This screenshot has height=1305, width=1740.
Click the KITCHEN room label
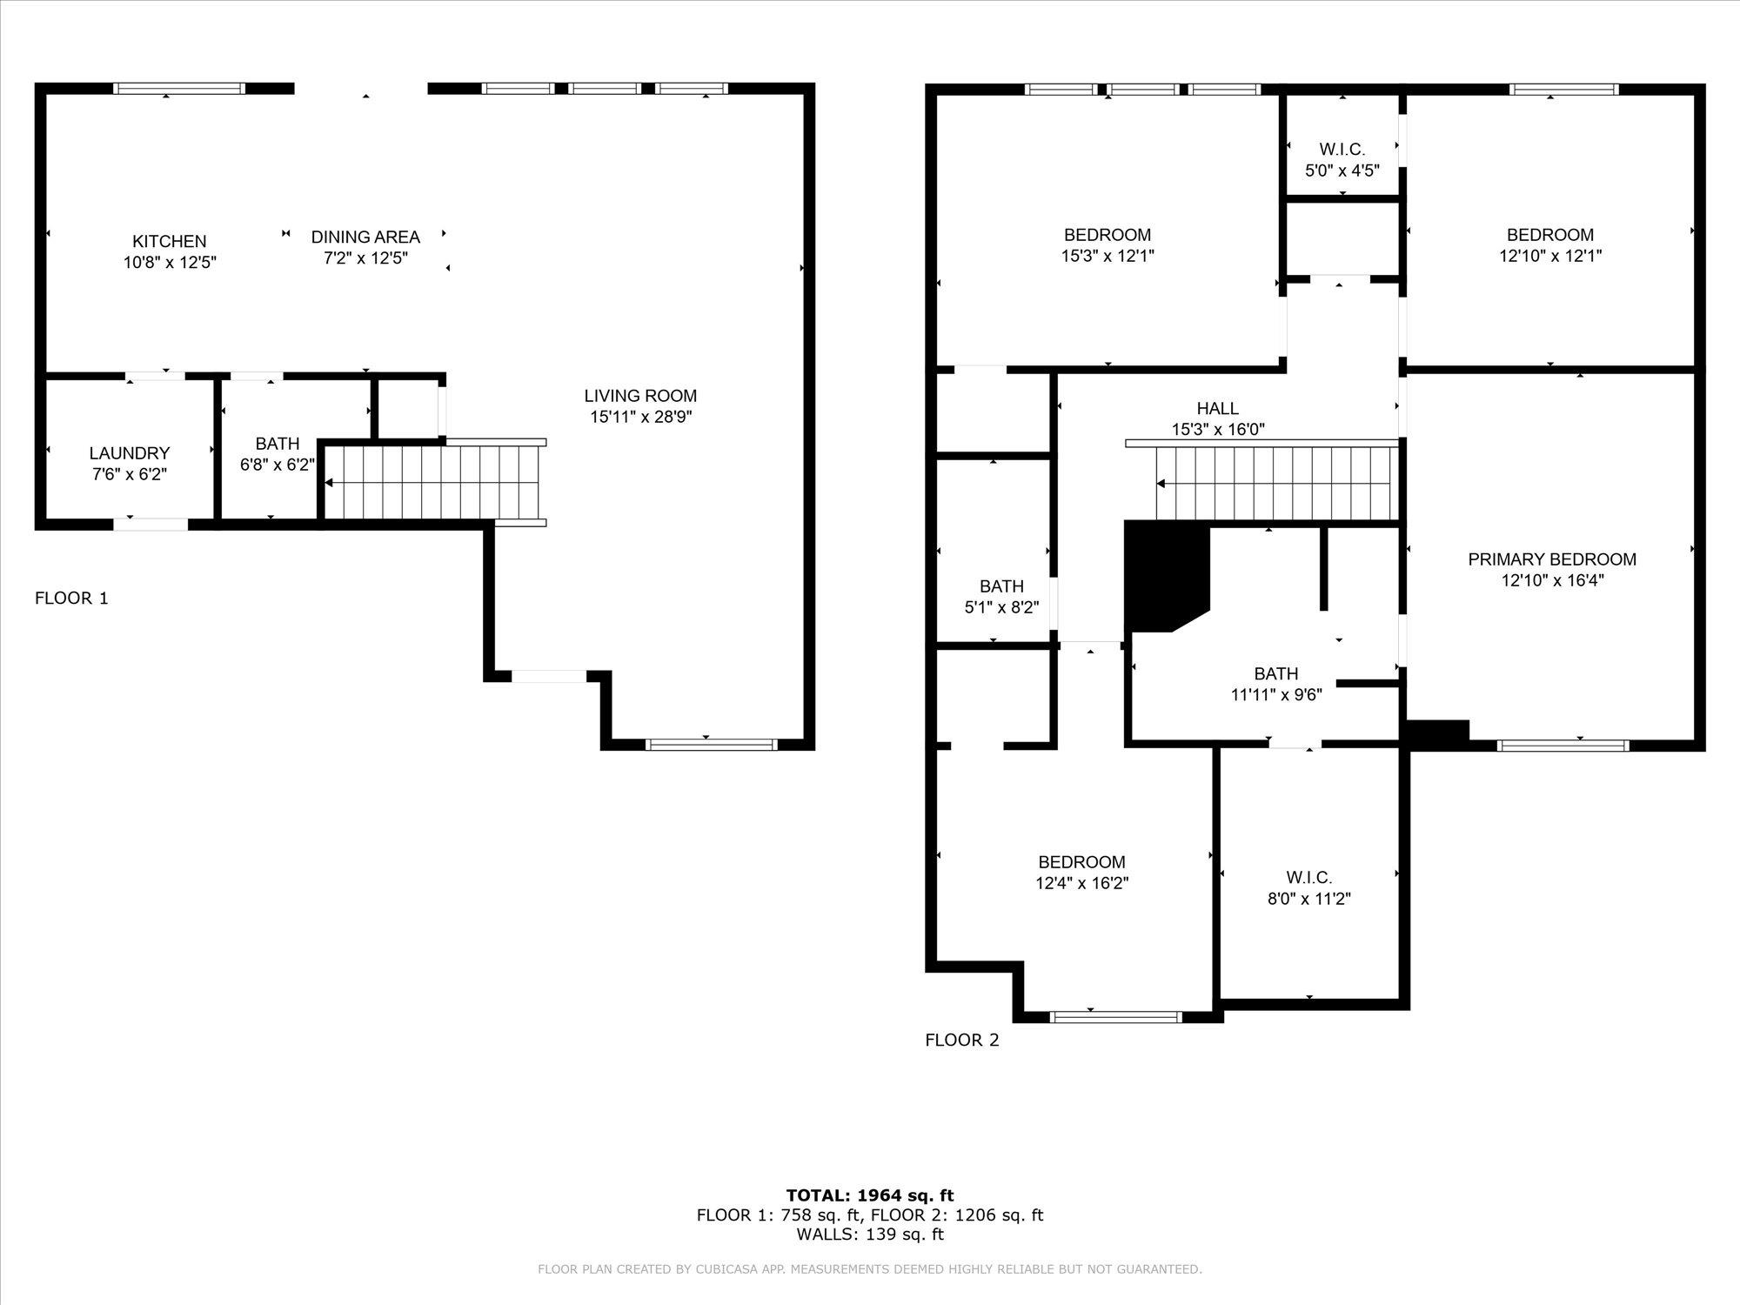[170, 242]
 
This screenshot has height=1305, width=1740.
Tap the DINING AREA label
[365, 237]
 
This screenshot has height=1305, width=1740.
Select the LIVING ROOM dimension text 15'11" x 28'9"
[641, 417]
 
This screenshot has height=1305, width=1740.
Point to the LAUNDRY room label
[130, 453]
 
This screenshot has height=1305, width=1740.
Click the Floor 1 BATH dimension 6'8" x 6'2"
[278, 465]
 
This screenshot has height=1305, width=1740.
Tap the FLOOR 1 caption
[71, 598]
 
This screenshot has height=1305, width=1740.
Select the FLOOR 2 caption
[962, 1040]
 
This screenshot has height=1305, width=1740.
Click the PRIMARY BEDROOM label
[1552, 559]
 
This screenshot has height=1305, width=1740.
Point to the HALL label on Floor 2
[1218, 408]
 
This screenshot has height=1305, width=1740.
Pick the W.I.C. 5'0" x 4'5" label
[1342, 160]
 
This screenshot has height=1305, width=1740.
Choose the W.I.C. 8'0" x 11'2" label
[1309, 888]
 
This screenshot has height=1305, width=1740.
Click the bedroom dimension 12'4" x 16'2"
[1082, 883]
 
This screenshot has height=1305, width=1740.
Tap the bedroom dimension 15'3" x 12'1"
[1108, 256]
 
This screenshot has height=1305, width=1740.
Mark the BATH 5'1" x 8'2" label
[1001, 597]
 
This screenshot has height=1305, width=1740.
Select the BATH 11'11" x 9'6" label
[1276, 684]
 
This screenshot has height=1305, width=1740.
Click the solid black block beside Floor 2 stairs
[1166, 574]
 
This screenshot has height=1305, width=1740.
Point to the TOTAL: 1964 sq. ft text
[870, 1195]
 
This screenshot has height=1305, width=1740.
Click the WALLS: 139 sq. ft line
[870, 1234]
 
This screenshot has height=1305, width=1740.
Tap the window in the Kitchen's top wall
[179, 88]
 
